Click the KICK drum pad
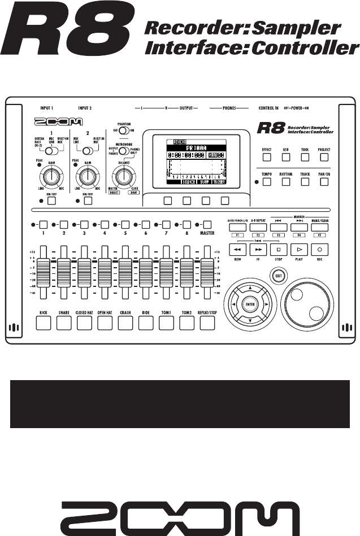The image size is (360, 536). [44, 323]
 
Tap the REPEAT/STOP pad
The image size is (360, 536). [207, 323]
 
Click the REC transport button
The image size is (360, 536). [320, 249]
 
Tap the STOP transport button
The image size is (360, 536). [279, 249]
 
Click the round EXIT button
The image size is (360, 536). [277, 276]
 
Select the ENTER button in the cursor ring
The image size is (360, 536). [250, 304]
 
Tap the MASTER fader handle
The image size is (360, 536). [207, 263]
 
